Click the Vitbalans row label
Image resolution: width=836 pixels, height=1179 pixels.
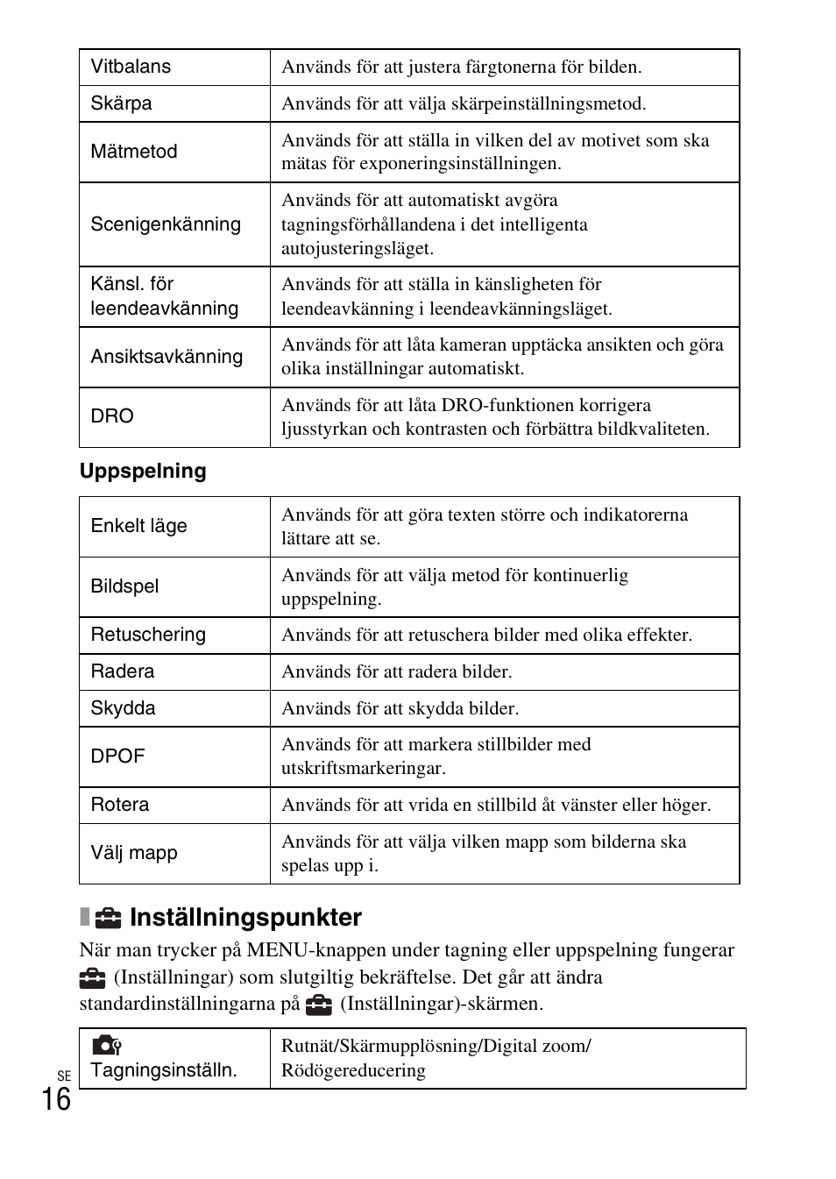pyautogui.click(x=131, y=67)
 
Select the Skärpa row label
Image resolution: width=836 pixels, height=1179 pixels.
pyautogui.click(x=121, y=103)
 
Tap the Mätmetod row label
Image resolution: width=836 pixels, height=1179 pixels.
pyautogui.click(x=133, y=152)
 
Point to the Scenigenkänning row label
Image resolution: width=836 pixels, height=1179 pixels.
pyautogui.click(x=166, y=224)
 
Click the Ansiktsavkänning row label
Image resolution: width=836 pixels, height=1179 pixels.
pyautogui.click(x=166, y=357)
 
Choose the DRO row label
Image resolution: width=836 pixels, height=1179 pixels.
pyautogui.click(x=112, y=416)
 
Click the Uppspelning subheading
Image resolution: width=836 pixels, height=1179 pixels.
pyautogui.click(x=143, y=472)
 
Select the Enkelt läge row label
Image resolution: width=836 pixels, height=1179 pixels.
pyautogui.click(x=138, y=526)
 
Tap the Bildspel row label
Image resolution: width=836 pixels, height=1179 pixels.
pyautogui.click(x=124, y=586)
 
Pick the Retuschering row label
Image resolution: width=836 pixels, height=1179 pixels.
pyautogui.click(x=148, y=635)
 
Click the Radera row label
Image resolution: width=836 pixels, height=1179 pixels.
pyautogui.click(x=122, y=671)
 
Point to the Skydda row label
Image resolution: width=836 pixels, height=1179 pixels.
pyautogui.click(x=123, y=708)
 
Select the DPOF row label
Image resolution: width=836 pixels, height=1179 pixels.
pyautogui.click(x=117, y=756)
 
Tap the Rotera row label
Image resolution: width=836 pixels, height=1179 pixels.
pyautogui.click(x=119, y=805)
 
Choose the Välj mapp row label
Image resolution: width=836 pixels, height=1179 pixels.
pyautogui.click(x=133, y=853)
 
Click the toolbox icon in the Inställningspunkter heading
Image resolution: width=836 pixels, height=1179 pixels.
pyautogui.click(x=109, y=918)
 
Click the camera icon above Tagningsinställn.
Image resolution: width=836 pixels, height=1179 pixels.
pyautogui.click(x=106, y=1045)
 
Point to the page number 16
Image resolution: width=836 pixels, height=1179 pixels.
pyautogui.click(x=55, y=1098)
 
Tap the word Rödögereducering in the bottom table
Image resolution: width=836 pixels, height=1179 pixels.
pyautogui.click(x=353, y=1070)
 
